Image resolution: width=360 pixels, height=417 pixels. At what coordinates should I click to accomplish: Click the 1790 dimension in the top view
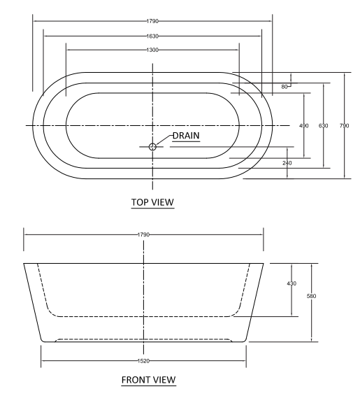pos(152,21)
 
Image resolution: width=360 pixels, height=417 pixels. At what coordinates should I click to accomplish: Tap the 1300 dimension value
pos(152,50)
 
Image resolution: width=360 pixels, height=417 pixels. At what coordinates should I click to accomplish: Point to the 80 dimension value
pos(285,87)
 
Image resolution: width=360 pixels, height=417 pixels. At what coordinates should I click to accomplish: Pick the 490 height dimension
pos(304,125)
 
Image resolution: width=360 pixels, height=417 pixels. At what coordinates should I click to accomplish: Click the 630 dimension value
pos(324,125)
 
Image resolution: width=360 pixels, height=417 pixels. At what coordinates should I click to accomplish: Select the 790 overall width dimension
pos(344,125)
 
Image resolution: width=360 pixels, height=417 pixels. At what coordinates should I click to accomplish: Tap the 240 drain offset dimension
pos(287,162)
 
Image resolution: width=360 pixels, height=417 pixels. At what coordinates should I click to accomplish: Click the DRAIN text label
pos(186,135)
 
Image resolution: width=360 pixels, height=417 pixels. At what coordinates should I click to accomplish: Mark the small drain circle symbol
pos(152,146)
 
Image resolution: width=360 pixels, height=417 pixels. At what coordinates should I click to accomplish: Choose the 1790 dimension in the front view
pos(145,234)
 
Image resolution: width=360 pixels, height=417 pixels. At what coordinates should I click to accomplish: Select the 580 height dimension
pos(312,296)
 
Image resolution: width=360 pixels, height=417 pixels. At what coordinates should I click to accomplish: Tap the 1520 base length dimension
pos(145,361)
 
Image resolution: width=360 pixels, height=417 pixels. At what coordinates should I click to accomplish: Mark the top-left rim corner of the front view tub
pos(24,264)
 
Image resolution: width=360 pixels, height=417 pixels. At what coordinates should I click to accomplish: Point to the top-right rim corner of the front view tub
pos(264,264)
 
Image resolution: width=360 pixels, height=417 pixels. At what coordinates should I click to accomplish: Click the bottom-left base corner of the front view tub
pos(43,341)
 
